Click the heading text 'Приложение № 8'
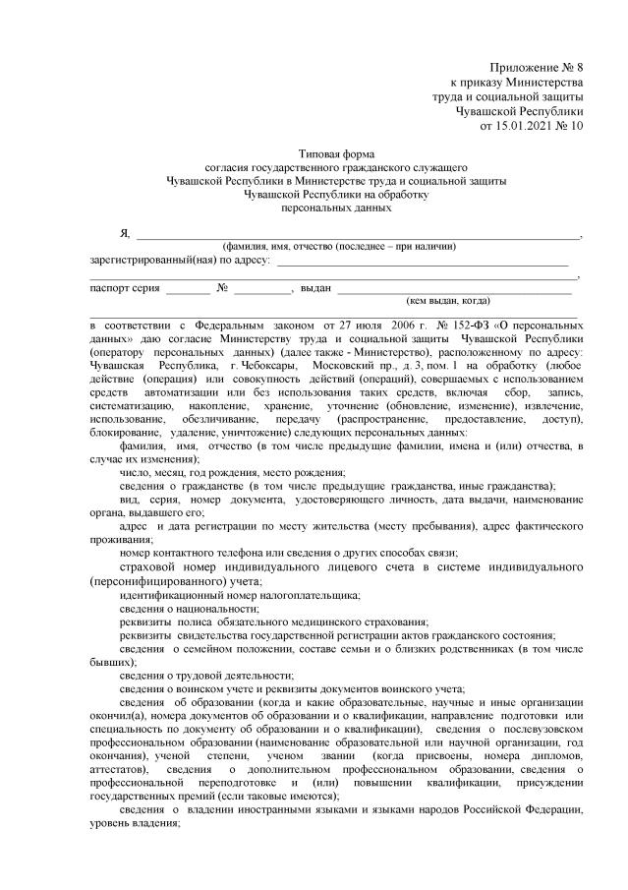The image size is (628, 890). pos(537,65)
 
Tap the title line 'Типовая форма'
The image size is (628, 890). pos(336,154)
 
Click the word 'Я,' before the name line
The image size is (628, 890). pos(125,232)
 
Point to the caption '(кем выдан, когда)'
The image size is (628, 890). pos(448,301)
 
